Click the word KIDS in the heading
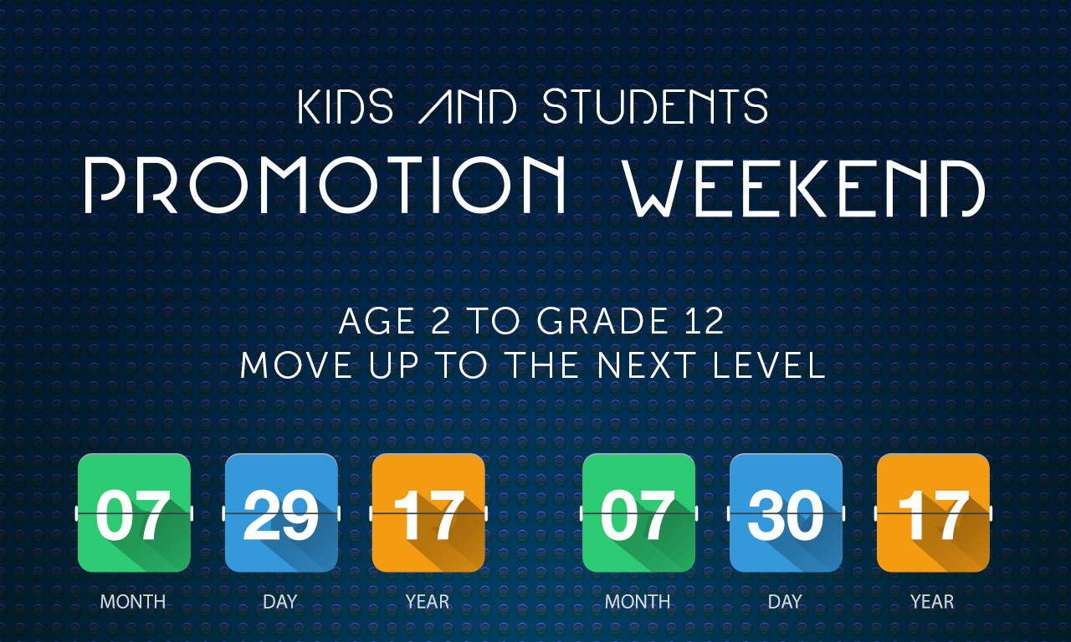click(346, 105)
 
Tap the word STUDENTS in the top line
click(655, 105)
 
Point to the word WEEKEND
click(805, 188)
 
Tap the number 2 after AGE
click(440, 321)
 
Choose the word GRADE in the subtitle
click(602, 321)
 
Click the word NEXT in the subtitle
click(646, 365)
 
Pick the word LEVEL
click(769, 365)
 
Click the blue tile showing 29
click(281, 512)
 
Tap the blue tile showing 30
click(786, 512)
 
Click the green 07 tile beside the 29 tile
click(134, 512)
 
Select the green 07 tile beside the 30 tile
click(638, 512)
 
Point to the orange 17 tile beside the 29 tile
click(428, 512)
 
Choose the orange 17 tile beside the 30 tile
click(933, 512)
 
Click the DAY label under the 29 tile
click(280, 602)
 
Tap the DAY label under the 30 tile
click(785, 602)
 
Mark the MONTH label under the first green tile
click(133, 602)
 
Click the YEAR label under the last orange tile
click(932, 602)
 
